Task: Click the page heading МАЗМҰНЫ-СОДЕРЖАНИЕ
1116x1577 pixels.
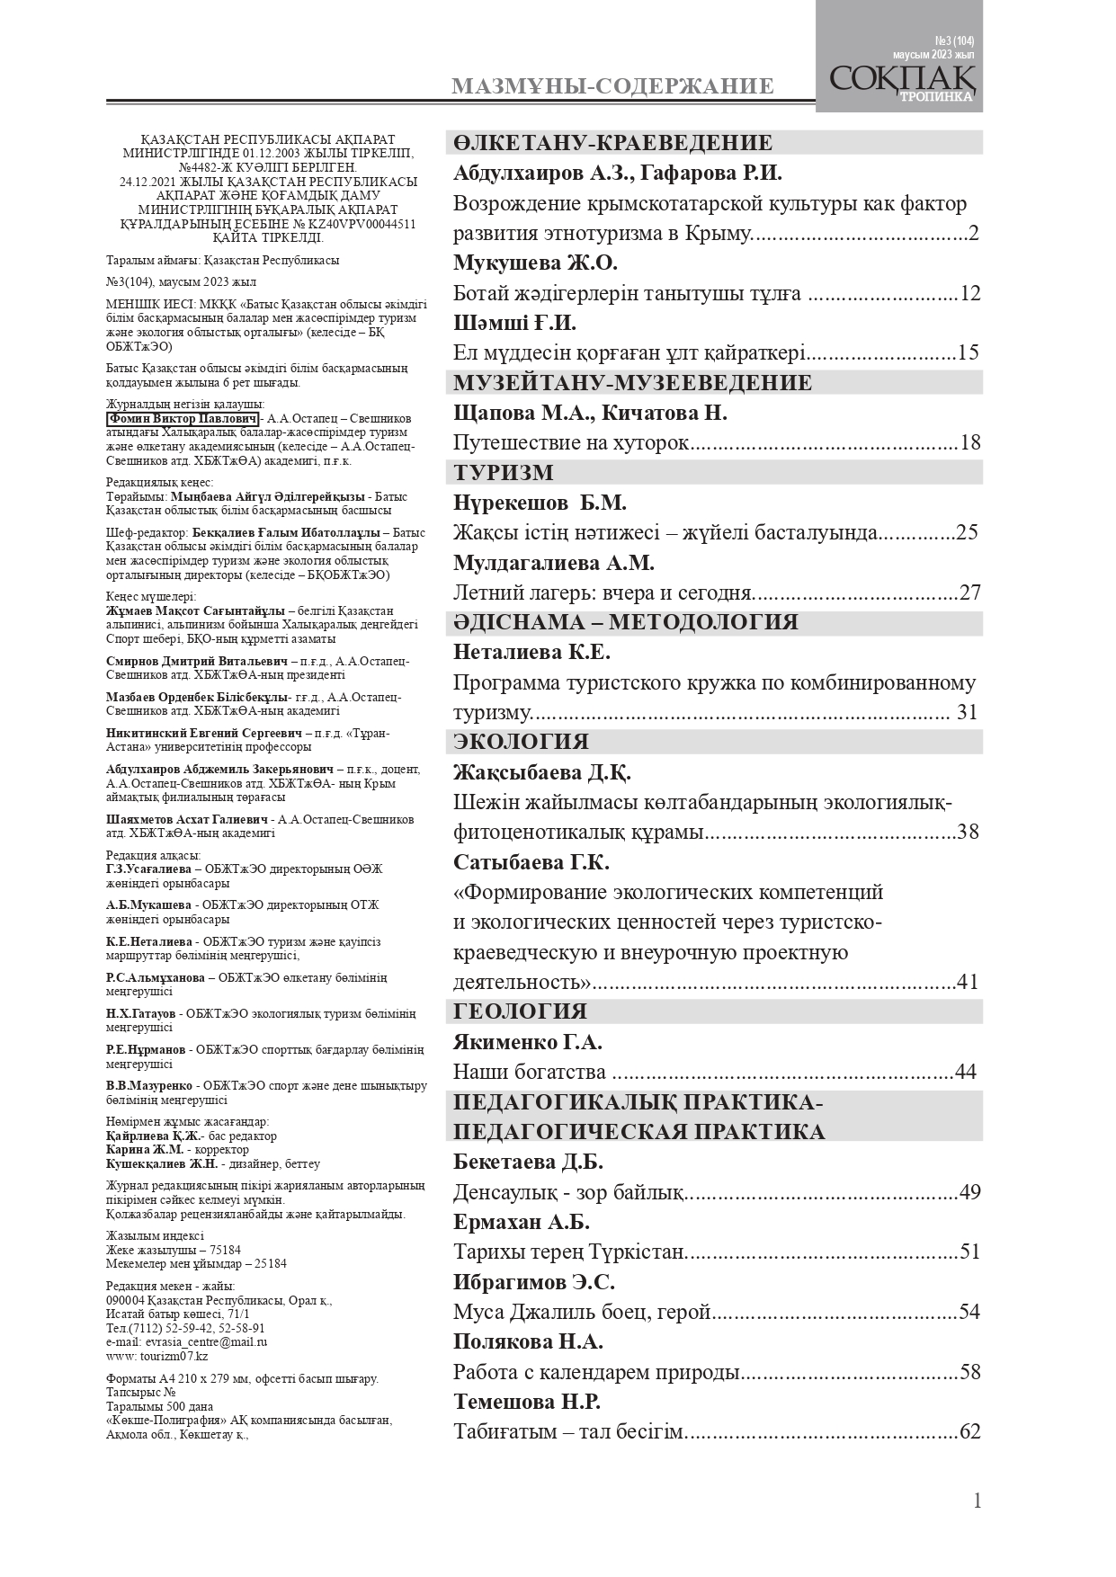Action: pyautogui.click(x=612, y=86)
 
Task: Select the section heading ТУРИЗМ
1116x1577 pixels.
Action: pyautogui.click(x=504, y=473)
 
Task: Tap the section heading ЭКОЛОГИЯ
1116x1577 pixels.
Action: pyautogui.click(x=521, y=742)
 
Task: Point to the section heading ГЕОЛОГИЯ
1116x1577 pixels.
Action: pyautogui.click(x=520, y=1011)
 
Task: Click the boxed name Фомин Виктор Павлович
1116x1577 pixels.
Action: pyautogui.click(x=183, y=419)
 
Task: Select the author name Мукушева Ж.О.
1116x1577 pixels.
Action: pyautogui.click(x=535, y=263)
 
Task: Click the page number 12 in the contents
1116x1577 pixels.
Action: pyautogui.click(x=969, y=294)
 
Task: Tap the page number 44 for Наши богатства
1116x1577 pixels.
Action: pyautogui.click(x=965, y=1072)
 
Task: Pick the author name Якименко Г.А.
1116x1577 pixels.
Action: pyautogui.click(x=528, y=1042)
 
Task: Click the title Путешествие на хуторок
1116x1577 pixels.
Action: pyautogui.click(x=571, y=442)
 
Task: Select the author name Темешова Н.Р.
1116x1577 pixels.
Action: pyautogui.click(x=527, y=1402)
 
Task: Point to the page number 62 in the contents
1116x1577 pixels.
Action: pyautogui.click(x=969, y=1431)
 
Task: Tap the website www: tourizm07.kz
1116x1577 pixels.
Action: pyautogui.click(x=156, y=1356)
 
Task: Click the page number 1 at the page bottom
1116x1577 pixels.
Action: pyautogui.click(x=977, y=1501)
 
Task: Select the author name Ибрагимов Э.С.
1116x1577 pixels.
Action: pyautogui.click(x=534, y=1282)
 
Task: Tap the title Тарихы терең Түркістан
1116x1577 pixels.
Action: pyautogui.click(x=569, y=1252)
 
